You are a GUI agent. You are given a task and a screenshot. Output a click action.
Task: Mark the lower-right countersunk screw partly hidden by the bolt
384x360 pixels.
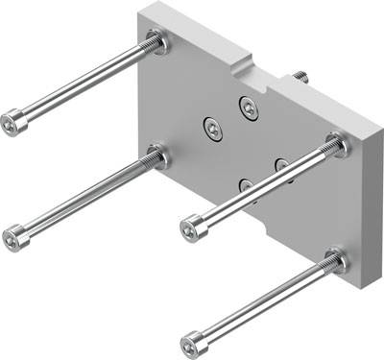tap(282, 165)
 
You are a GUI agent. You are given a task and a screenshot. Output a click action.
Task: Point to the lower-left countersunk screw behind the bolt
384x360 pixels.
tap(246, 184)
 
